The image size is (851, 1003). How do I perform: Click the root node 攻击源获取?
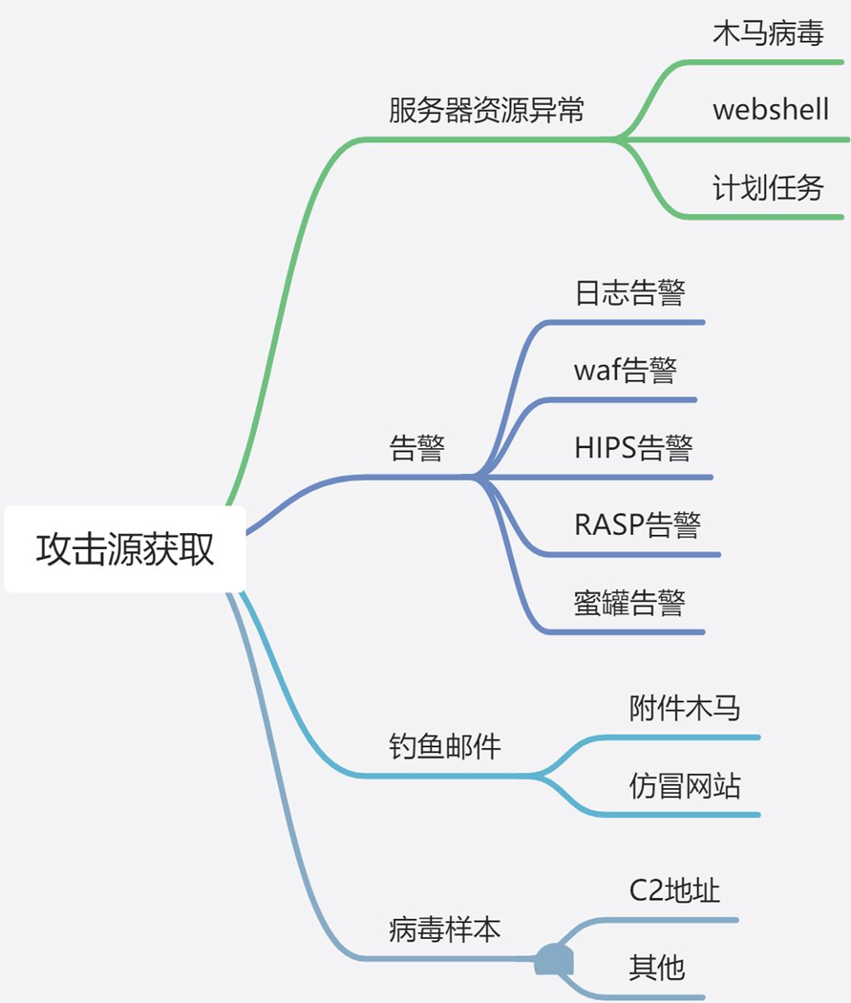coord(125,550)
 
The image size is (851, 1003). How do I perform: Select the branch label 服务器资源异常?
coord(486,111)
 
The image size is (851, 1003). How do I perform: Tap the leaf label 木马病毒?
coord(768,33)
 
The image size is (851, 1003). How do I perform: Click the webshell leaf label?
coord(771,110)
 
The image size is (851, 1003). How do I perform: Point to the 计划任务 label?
coord(768,187)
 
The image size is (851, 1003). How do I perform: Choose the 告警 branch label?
coord(417,447)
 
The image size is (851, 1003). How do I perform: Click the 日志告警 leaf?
coord(629,292)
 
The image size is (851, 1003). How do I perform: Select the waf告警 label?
coord(625,370)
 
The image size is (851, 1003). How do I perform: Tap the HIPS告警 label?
coord(633,447)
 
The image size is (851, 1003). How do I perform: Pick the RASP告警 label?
coord(637,524)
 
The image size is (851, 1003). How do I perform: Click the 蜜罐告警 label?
coord(629,602)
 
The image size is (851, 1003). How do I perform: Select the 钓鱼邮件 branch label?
coord(445,746)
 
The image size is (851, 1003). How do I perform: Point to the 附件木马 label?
coord(685,708)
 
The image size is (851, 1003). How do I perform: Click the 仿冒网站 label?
coord(685,785)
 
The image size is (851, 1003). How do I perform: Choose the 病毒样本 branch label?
coord(445,928)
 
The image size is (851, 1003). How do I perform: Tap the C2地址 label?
coord(674,890)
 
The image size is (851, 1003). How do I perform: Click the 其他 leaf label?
coord(657,968)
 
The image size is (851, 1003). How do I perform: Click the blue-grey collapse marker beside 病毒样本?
coord(554,959)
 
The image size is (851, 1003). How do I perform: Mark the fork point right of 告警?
coord(475,476)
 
